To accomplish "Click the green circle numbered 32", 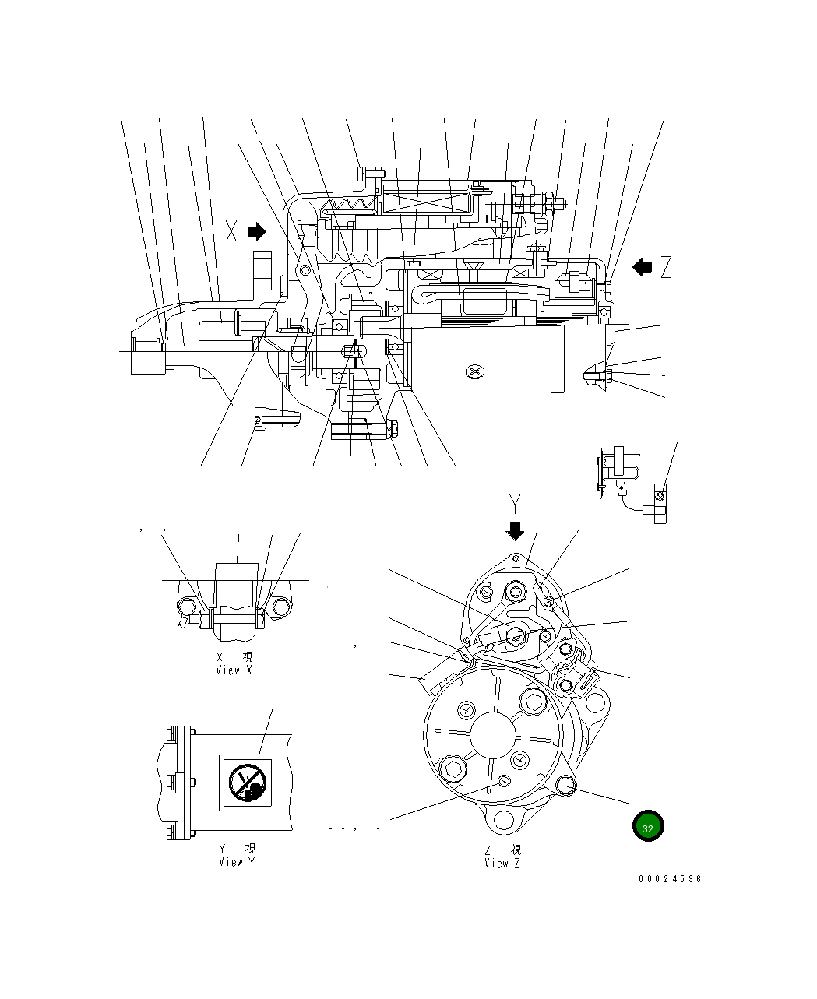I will coord(647,827).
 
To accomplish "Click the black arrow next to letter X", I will coord(256,231).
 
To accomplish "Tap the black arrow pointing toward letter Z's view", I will coord(643,267).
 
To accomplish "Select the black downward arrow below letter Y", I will coord(515,531).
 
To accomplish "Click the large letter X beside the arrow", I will coord(231,231).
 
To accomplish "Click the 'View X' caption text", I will coord(234,670).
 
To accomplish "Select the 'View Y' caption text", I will coord(237,862).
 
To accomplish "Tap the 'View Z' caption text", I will coord(502,863).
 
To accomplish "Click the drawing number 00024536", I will coord(670,879).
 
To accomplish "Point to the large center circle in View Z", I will coord(493,736).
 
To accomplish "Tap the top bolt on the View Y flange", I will coord(171,734).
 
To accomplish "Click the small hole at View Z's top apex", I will coord(515,558).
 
